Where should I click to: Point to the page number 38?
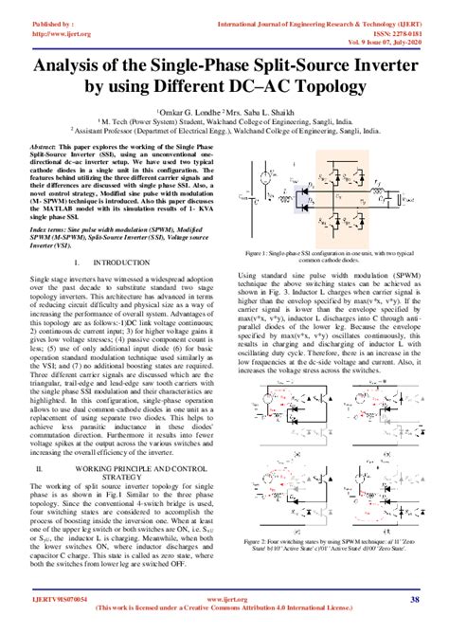(415, 600)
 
